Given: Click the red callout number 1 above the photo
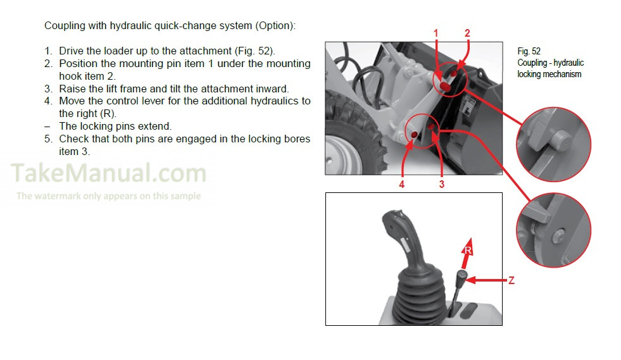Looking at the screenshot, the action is click(x=436, y=34).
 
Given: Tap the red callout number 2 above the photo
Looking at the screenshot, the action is click(x=467, y=34).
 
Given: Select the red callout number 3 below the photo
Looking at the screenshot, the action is click(x=442, y=184).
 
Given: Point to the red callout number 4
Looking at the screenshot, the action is click(x=401, y=184).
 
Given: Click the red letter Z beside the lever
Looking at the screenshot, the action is click(x=511, y=280).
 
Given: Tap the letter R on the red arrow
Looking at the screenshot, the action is click(x=468, y=251).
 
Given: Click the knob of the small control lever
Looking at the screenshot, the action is click(x=462, y=276).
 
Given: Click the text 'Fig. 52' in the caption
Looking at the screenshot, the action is click(x=529, y=51).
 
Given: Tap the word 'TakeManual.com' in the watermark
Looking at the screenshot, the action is click(x=108, y=173).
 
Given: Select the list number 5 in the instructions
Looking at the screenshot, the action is click(x=48, y=139).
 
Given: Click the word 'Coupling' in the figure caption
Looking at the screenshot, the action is click(x=532, y=63).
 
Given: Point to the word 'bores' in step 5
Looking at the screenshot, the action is click(x=298, y=139).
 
